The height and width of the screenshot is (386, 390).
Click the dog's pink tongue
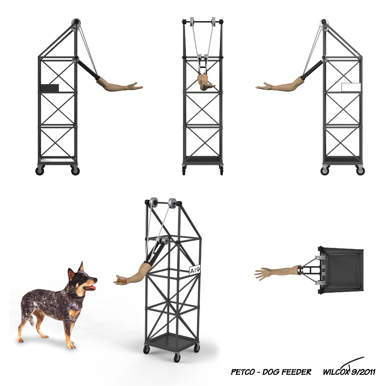92,288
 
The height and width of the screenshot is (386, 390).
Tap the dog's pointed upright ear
81,267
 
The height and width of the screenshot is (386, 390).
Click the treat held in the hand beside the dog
121,281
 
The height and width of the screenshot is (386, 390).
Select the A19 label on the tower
195,270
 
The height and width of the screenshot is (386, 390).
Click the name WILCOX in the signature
335,372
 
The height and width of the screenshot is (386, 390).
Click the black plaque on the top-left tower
50,88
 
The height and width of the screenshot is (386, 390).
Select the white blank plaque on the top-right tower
351,87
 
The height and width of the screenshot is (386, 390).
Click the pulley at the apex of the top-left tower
76,24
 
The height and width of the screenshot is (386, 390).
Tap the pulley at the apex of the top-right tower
324,24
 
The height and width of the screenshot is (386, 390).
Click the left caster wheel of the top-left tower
40,171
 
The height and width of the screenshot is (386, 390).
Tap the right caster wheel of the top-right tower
360,171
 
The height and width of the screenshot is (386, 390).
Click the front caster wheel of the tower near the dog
177,358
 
